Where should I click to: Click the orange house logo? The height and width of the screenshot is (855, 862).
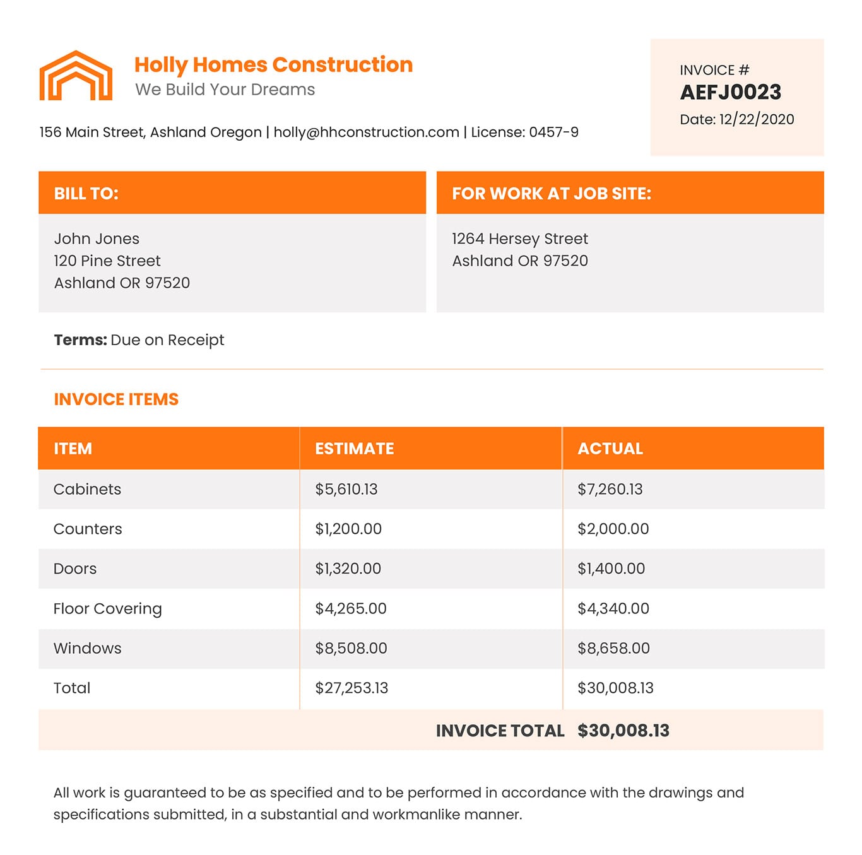(x=76, y=76)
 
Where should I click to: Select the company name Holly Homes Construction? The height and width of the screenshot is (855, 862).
(x=273, y=64)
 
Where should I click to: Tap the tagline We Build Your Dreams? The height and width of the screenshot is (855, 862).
(x=225, y=90)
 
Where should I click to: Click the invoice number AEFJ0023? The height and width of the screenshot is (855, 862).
(x=730, y=92)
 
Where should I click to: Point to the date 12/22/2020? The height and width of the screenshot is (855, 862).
(x=756, y=119)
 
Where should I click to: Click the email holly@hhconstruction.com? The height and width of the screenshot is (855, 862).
(x=366, y=132)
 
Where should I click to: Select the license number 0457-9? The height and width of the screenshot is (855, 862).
(x=553, y=132)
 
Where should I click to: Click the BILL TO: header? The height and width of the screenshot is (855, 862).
(x=86, y=193)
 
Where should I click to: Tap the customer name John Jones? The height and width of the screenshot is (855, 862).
(x=97, y=239)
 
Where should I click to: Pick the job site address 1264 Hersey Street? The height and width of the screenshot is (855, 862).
(x=519, y=239)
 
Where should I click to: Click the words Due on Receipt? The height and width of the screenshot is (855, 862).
(x=167, y=340)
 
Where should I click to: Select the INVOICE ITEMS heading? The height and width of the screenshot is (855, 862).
(x=116, y=399)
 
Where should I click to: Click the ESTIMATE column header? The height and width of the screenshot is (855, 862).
(x=354, y=449)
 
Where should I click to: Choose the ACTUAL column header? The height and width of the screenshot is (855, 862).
(x=610, y=449)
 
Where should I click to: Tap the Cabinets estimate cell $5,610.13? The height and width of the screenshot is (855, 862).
(x=346, y=489)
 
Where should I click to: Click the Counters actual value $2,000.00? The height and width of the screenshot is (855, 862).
(x=613, y=529)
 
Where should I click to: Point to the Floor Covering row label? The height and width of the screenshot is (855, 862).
(x=107, y=609)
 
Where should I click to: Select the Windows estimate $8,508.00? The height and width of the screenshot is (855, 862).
(x=351, y=648)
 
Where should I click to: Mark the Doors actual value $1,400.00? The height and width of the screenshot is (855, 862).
(x=611, y=569)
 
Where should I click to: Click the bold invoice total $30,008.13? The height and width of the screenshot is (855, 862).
(x=623, y=731)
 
